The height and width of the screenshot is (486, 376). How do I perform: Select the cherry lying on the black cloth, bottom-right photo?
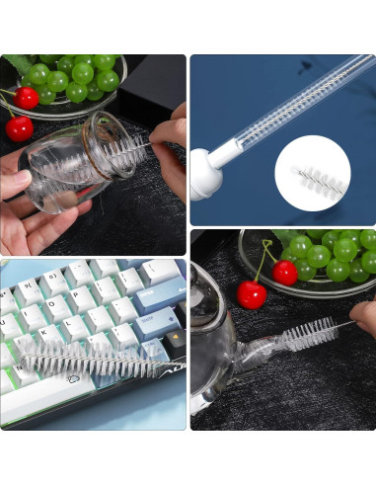252,294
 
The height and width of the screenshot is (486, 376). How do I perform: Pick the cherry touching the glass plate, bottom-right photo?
285,272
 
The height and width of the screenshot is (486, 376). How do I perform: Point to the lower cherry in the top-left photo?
19,128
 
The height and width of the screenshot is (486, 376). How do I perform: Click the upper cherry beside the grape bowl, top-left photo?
27,98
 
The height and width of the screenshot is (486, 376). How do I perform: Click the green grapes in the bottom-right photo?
331,256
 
